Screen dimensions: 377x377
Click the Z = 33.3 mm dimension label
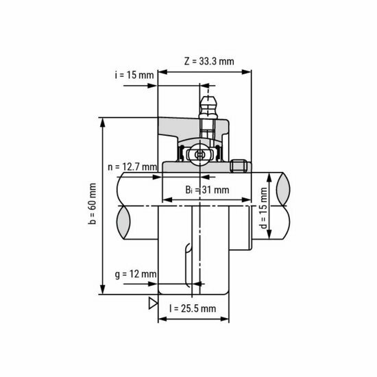[x=209, y=60]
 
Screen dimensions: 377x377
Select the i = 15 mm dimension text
[x=134, y=75]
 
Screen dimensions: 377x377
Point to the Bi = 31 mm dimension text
[x=206, y=190]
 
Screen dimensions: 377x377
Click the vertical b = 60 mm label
[x=93, y=205]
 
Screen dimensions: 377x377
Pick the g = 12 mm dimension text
[x=136, y=273]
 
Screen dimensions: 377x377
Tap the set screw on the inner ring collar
[x=239, y=165]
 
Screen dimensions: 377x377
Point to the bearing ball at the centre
[x=200, y=155]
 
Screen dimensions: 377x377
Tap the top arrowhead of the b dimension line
[x=102, y=121]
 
